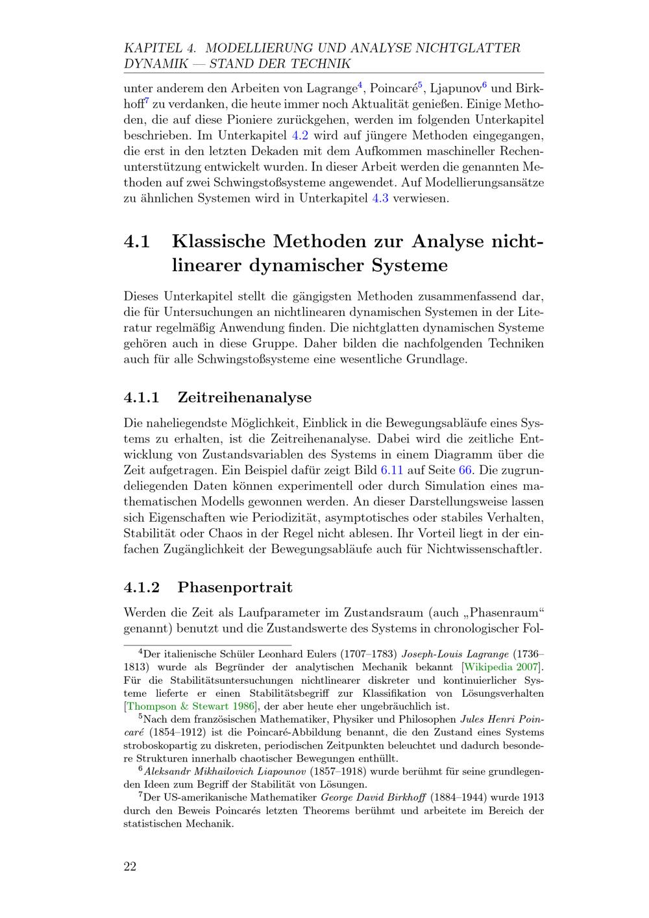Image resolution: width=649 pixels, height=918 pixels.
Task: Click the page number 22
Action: coord(130,867)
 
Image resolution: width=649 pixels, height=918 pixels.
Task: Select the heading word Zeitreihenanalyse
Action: coord(245,397)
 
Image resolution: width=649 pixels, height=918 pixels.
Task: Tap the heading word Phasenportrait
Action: coord(235,587)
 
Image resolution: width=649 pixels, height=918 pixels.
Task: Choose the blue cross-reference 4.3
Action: coord(380,198)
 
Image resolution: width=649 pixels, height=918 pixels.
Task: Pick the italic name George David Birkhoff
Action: coord(369,797)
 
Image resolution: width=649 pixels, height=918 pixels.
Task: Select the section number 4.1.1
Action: coord(141,397)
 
